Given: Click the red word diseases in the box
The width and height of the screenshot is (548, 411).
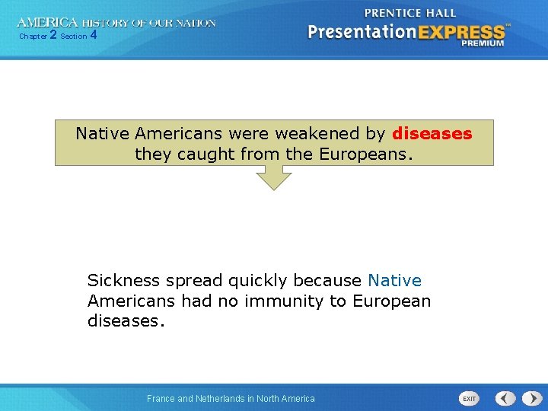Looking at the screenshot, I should coord(432,134).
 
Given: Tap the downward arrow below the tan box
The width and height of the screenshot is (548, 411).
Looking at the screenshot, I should coord(273,178).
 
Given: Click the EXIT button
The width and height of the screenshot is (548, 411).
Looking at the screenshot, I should coord(469,399).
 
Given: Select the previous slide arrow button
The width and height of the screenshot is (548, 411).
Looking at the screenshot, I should coord(505,398).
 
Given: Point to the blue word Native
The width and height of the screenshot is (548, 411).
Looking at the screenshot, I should coord(394,281).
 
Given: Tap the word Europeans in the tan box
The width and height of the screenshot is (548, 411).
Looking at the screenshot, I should coord(364,155).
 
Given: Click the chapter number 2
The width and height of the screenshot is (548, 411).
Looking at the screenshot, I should coord(53,35).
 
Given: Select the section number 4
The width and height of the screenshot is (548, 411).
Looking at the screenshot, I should coord(93,35).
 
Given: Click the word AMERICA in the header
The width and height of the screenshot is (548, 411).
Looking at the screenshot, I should coord(47,23).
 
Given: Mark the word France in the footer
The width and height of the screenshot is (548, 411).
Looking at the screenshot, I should coord(161,399).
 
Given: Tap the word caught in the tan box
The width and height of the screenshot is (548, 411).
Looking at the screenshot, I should coord(201,155).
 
